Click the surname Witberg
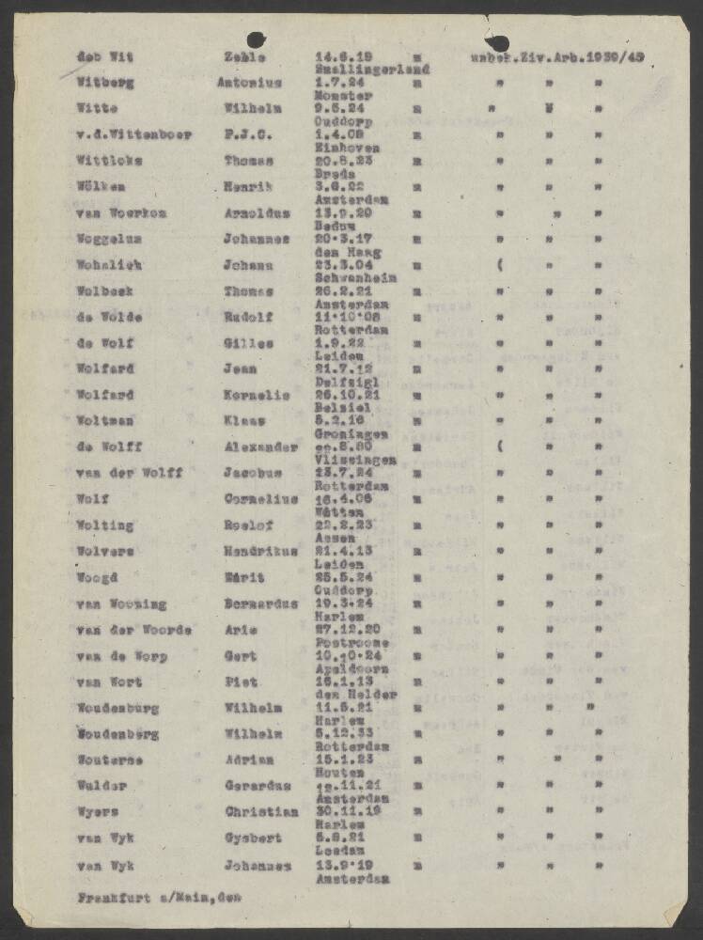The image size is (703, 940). click(x=105, y=83)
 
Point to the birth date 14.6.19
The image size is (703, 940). click(x=336, y=56)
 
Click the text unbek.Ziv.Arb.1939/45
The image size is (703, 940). click(x=557, y=56)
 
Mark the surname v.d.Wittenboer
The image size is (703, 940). click(x=134, y=134)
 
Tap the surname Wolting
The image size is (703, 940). click(x=105, y=525)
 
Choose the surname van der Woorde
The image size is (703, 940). click(x=134, y=630)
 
